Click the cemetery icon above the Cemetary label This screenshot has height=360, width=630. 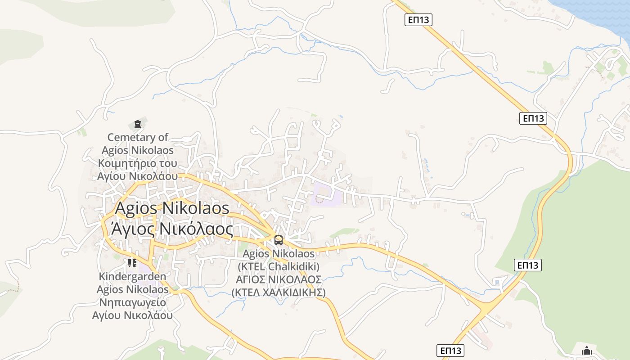138,124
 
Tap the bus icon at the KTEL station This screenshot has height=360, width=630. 279,240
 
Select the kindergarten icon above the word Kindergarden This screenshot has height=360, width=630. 132,263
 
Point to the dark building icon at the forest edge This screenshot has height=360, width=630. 587,350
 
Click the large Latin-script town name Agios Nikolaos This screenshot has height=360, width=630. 172,208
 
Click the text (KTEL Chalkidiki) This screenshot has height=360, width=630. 278,266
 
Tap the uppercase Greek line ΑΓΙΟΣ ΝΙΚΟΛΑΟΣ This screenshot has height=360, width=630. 279,280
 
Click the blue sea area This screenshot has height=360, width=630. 594,13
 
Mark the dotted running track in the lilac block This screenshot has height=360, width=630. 319,199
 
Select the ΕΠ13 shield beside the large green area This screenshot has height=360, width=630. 527,265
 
